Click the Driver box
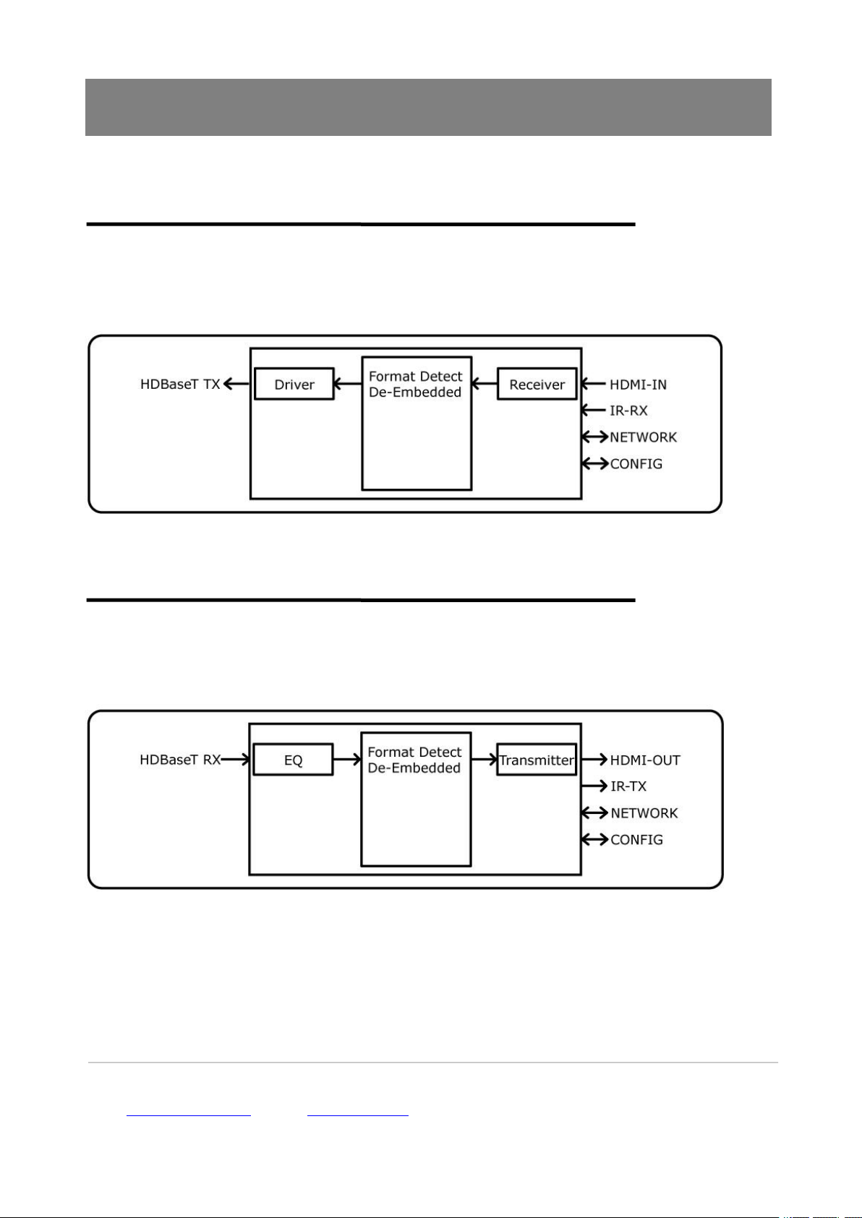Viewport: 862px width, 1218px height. click(x=294, y=385)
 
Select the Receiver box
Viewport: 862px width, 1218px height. click(x=537, y=385)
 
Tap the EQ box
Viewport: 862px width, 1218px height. click(x=293, y=760)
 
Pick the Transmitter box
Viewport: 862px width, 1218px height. click(x=537, y=760)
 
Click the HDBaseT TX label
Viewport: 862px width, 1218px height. click(x=180, y=385)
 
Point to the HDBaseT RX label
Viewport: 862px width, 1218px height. click(x=180, y=760)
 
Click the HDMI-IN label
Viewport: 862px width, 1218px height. click(x=638, y=385)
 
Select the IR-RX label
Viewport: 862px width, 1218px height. click(x=628, y=411)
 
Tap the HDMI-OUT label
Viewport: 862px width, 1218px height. click(x=645, y=760)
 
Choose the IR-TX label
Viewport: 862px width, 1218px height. click(x=628, y=786)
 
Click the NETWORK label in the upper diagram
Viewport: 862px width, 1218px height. click(x=643, y=437)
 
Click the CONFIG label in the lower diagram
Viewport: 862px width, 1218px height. click(x=636, y=840)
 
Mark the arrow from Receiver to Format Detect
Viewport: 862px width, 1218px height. click(x=485, y=385)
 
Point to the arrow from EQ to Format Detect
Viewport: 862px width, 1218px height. click(x=347, y=760)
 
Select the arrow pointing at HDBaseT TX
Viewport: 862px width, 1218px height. click(x=236, y=385)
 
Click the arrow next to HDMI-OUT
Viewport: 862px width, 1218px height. click(x=594, y=760)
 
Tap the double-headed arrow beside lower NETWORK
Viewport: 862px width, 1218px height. click(x=594, y=813)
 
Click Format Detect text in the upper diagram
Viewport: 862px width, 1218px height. click(x=415, y=377)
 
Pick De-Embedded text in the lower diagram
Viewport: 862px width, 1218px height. click(x=414, y=768)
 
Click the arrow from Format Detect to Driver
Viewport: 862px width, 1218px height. click(x=348, y=385)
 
